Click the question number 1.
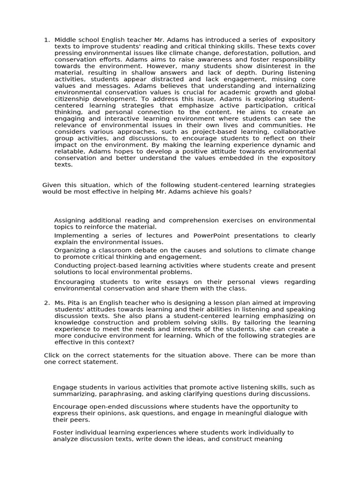(x=46, y=40)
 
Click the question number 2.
(x=46, y=303)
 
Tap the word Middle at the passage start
(x=65, y=40)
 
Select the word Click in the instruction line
(x=53, y=355)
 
